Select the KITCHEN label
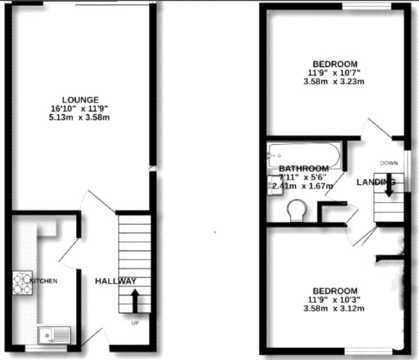pos(42,281)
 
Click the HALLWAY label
pos(116,281)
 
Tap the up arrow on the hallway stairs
pos(134,302)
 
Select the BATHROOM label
pos(303,169)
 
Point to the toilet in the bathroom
pos(297,208)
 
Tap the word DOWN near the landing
pos(388,163)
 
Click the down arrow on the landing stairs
pos(387,189)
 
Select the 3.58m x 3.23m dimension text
pos(335,81)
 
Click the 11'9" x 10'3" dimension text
pos(335,300)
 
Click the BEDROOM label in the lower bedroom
pos(335,291)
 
